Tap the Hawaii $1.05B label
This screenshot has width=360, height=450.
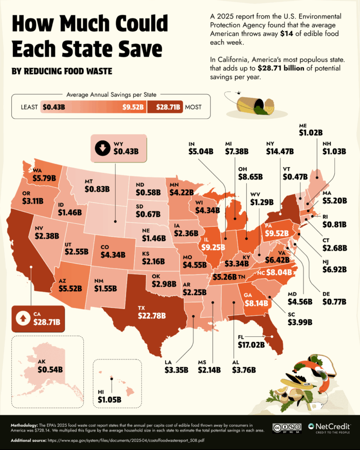click(x=109, y=394)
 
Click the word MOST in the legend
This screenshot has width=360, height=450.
click(x=192, y=107)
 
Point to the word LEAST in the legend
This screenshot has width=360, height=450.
click(x=31, y=107)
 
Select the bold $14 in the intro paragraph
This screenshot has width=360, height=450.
click(x=286, y=34)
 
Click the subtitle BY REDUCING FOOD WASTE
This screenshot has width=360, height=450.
click(x=61, y=70)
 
